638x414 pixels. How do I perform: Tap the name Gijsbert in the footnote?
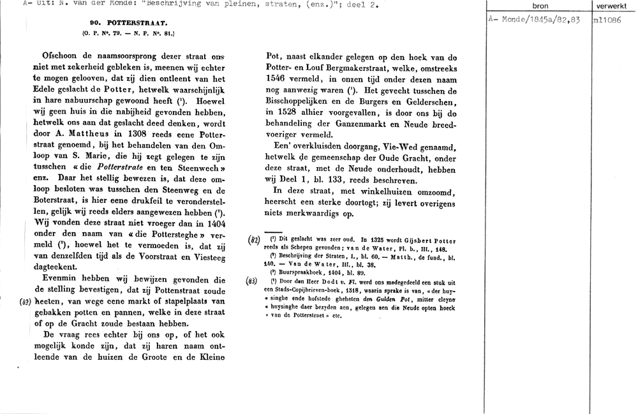coord(412,240)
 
